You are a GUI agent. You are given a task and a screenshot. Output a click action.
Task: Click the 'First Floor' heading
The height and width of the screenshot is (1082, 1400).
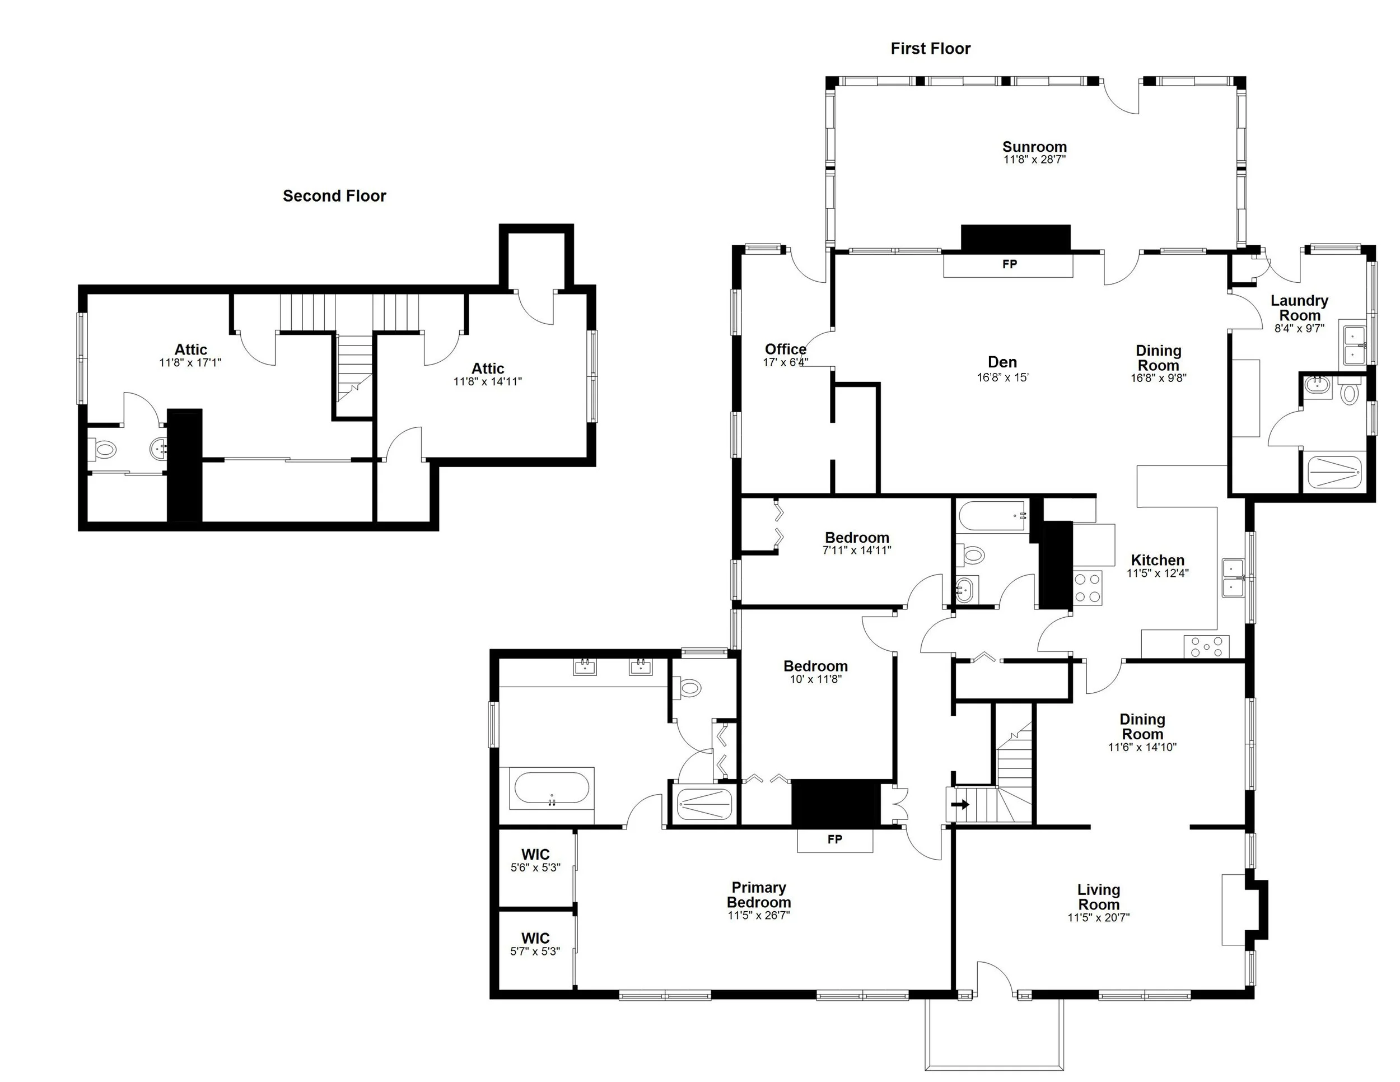tap(930, 49)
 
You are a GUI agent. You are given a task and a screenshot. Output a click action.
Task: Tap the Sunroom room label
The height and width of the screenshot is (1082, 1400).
tap(1034, 147)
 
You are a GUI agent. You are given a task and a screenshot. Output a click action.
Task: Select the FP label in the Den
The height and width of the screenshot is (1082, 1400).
tap(1009, 264)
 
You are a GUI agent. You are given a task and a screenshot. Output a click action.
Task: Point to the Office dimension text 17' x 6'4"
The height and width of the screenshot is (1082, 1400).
tap(785, 362)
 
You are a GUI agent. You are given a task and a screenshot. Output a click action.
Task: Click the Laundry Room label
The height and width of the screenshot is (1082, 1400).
tap(1299, 307)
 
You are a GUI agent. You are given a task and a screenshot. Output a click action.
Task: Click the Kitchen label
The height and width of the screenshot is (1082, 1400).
tap(1157, 560)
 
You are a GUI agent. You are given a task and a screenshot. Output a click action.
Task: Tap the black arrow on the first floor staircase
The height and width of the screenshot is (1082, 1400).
tap(960, 804)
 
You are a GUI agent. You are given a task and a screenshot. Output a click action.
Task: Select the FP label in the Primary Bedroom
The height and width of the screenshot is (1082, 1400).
tap(834, 840)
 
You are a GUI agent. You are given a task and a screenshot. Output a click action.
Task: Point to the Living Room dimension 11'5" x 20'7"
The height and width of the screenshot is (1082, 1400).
tap(1098, 917)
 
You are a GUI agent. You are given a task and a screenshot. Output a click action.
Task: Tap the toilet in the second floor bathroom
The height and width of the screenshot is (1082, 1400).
tap(102, 449)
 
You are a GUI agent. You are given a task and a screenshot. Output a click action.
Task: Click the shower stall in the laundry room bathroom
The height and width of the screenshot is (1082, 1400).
tap(1333, 471)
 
